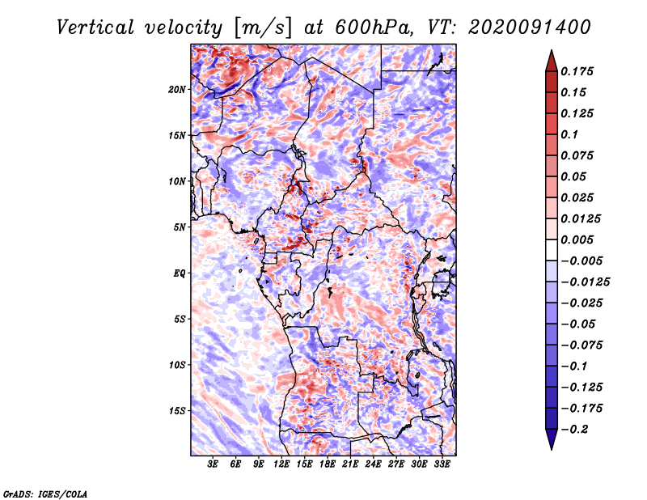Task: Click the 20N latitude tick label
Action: click(x=177, y=89)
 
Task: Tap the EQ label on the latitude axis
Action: click(x=180, y=273)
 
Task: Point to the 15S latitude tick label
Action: click(x=177, y=411)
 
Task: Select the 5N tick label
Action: click(x=180, y=227)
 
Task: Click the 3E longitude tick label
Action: click(x=213, y=464)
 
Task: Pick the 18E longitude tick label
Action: click(x=328, y=464)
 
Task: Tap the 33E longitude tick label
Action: click(x=442, y=464)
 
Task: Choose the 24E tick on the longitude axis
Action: click(x=373, y=464)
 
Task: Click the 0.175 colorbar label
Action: click(x=577, y=71)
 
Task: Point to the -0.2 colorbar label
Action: click(x=575, y=430)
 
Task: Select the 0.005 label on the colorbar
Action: click(x=577, y=239)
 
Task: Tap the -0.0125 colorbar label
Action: click(x=585, y=282)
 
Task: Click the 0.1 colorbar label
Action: click(x=569, y=134)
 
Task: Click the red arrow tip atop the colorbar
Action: click(x=552, y=50)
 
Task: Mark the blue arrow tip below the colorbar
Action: click(x=552, y=449)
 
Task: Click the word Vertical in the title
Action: click(x=95, y=28)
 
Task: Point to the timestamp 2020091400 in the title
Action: click(x=530, y=28)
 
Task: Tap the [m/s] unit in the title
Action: click(x=263, y=28)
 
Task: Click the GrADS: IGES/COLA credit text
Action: click(x=45, y=494)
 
